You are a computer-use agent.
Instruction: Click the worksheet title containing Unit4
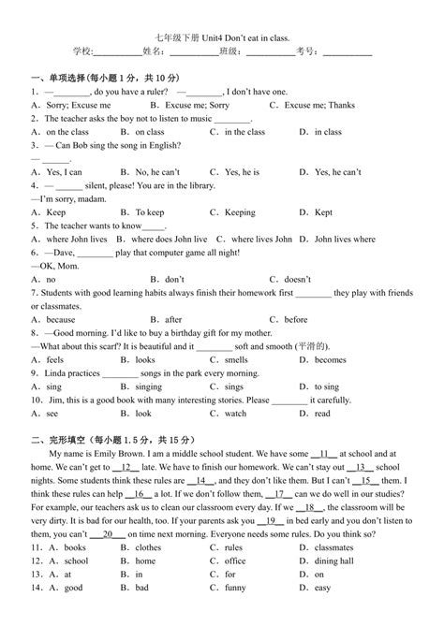click(x=221, y=32)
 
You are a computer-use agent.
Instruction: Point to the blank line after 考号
click(x=346, y=51)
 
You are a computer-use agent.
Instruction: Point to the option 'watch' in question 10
click(x=236, y=413)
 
